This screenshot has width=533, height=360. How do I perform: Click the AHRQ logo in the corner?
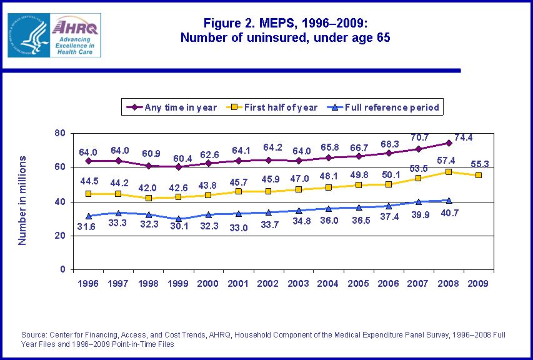[x=54, y=35]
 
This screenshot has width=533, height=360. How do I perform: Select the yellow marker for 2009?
[x=479, y=175]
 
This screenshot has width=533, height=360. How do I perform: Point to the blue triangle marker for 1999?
[x=179, y=219]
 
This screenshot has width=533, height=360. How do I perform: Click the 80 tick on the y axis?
[x=60, y=133]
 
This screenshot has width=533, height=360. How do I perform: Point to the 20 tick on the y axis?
[x=60, y=236]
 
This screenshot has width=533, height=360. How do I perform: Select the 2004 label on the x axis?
[x=328, y=283]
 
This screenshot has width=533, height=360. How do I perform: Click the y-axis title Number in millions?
[x=22, y=201]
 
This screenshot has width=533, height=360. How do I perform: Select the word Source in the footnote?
[x=34, y=335]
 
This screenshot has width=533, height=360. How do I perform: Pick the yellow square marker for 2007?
[x=419, y=179]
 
